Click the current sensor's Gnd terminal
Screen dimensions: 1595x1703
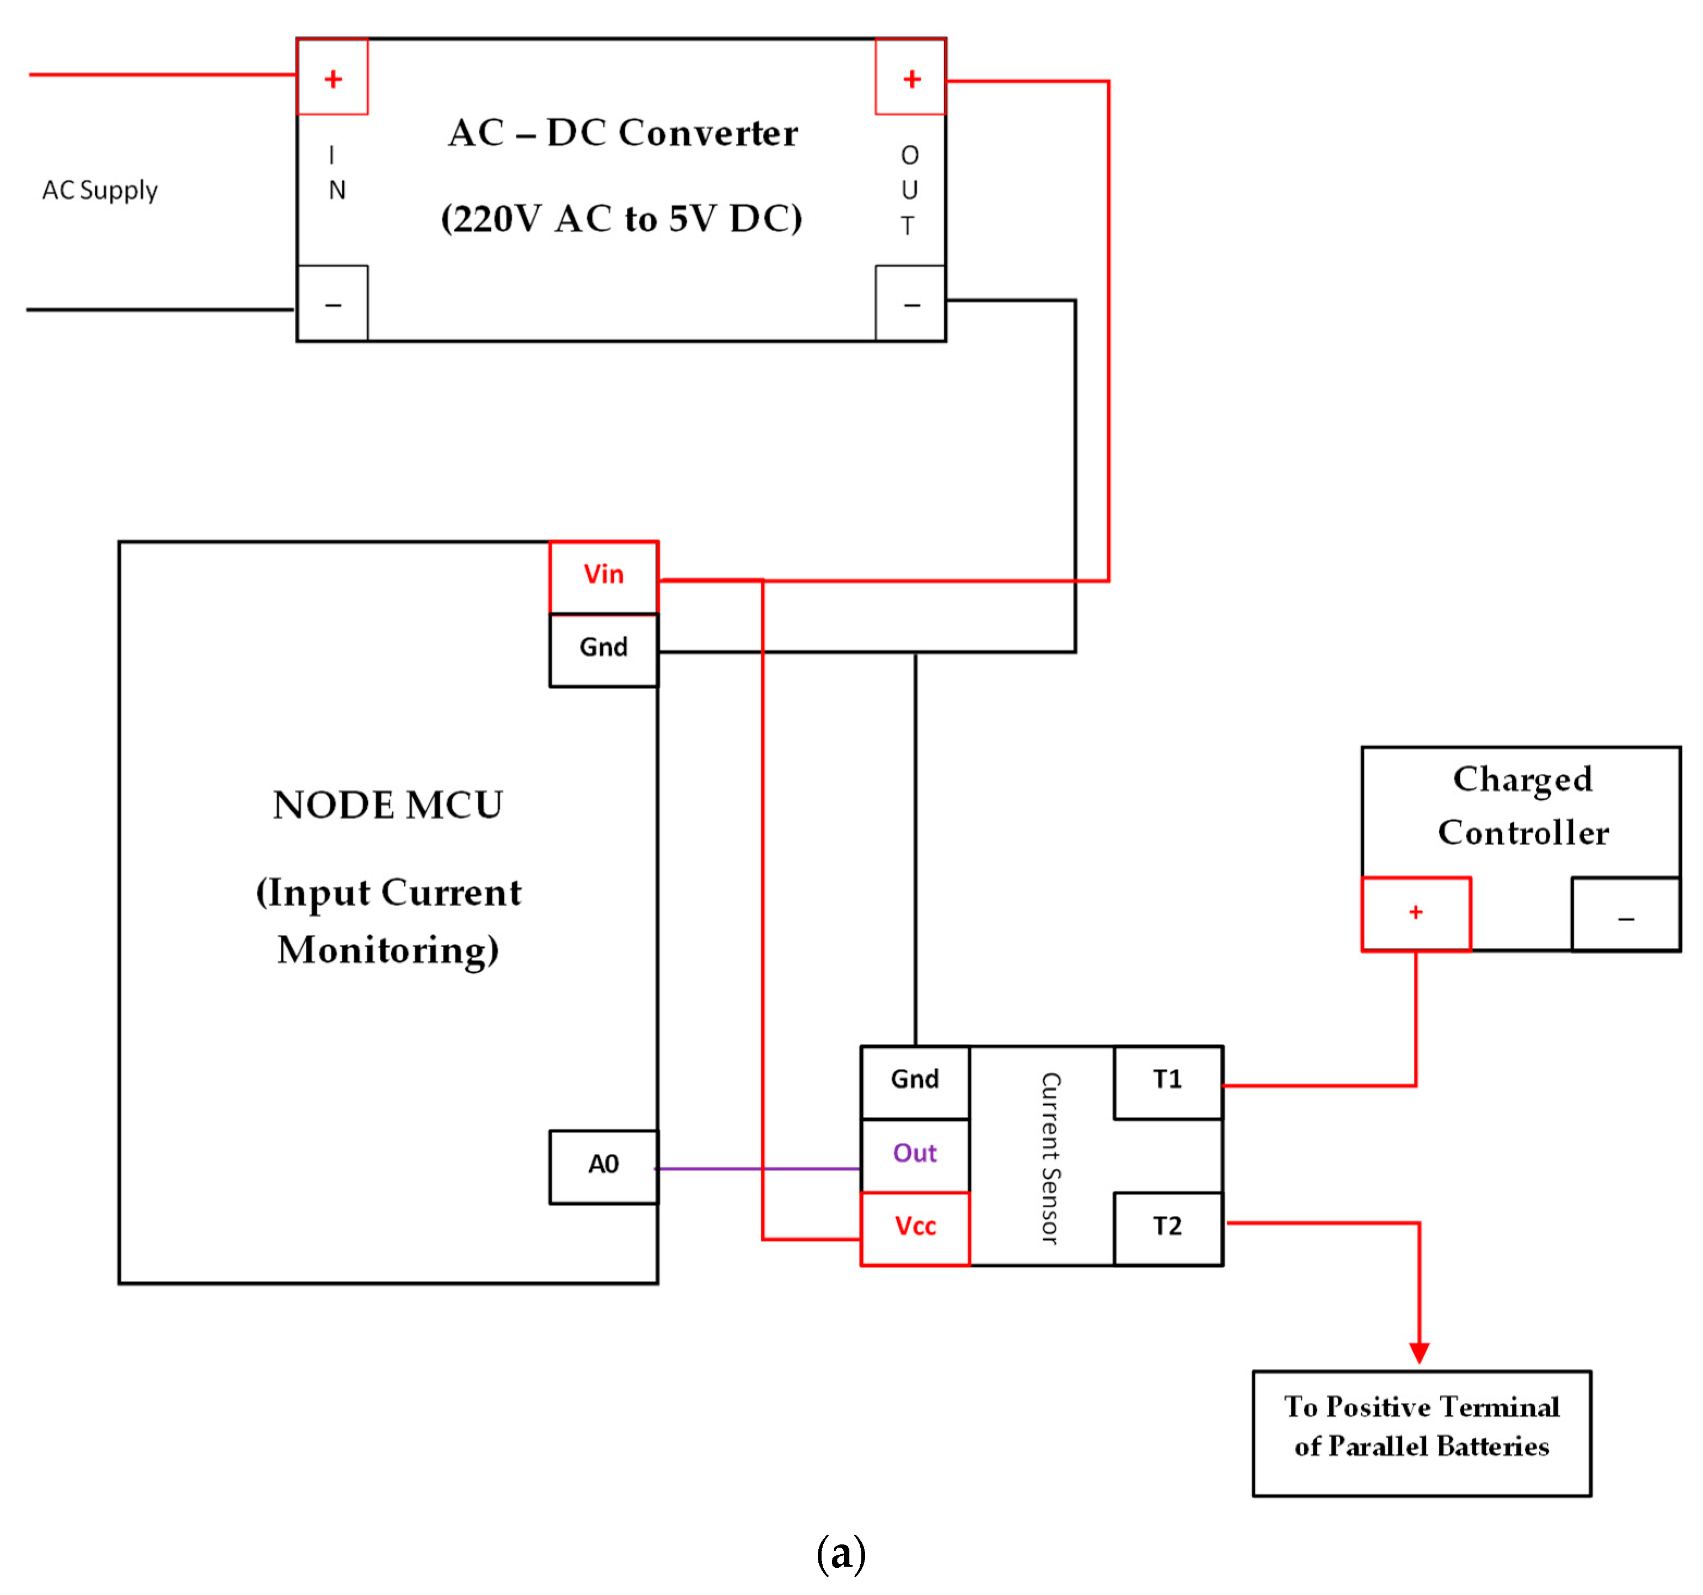(x=915, y=1081)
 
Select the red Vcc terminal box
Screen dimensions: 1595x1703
(x=915, y=1227)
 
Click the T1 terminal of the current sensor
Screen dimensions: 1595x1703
(x=1168, y=1081)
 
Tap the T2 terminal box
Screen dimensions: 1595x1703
(x=1168, y=1227)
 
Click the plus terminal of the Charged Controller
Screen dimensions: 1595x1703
(x=1416, y=913)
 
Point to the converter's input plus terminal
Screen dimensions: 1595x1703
(x=332, y=77)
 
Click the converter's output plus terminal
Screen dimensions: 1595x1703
(x=911, y=77)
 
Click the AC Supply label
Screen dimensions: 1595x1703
(x=100, y=190)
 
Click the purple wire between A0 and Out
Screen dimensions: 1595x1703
(x=758, y=1169)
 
